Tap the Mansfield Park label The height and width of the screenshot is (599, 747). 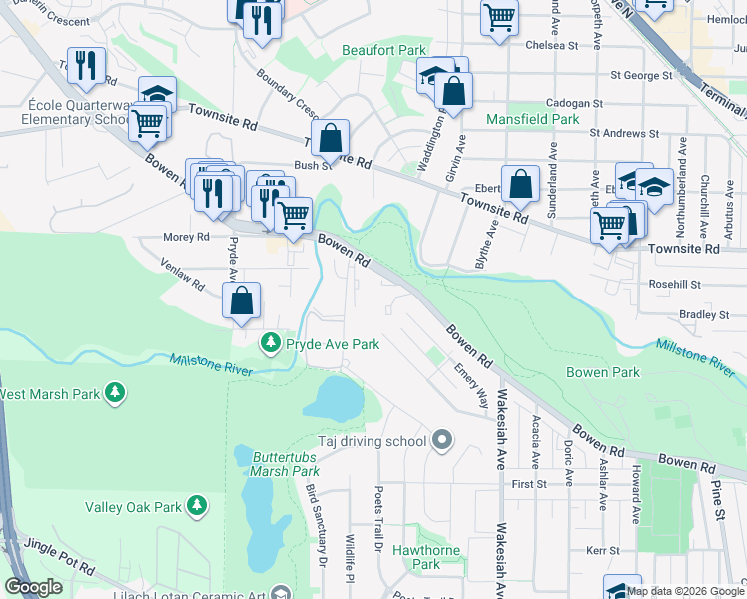tap(532, 119)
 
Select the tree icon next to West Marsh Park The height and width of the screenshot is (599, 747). tap(117, 393)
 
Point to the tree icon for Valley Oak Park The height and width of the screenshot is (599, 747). tap(197, 507)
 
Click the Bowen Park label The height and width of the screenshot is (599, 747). tap(601, 372)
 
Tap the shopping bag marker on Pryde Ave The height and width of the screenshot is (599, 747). tap(241, 300)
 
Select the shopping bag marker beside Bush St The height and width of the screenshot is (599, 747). tap(330, 139)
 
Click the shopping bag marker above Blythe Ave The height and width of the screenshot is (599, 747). tap(520, 184)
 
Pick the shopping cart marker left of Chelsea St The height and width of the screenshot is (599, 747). tap(498, 17)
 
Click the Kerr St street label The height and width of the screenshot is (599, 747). tap(602, 550)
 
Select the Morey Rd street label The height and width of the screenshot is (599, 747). tap(187, 237)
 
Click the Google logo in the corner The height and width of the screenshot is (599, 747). tap(33, 587)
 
